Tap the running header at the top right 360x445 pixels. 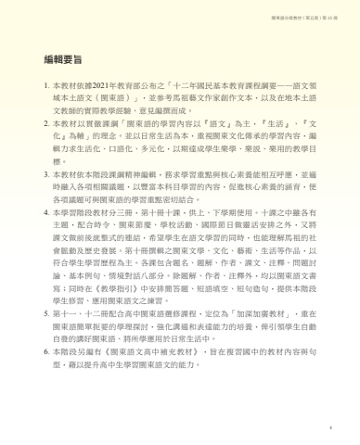(x=310, y=12)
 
